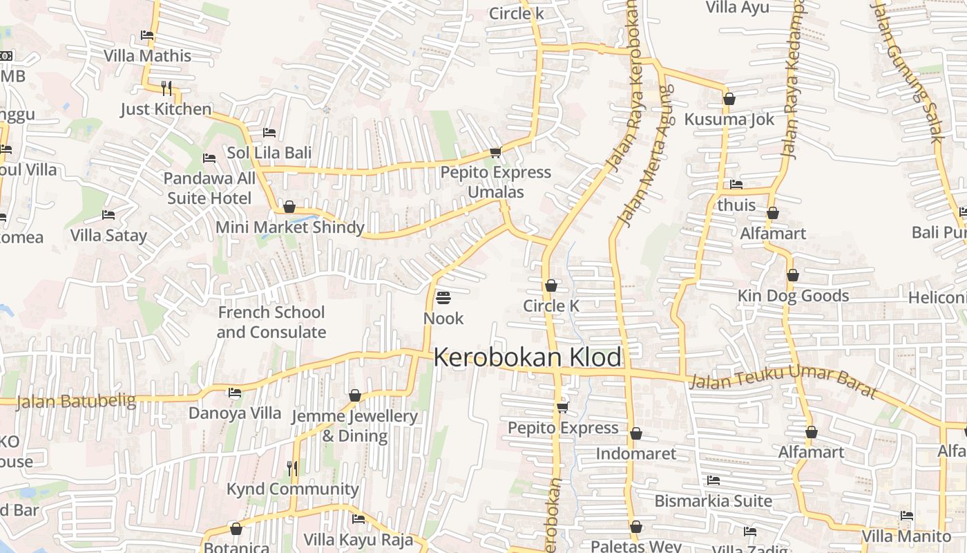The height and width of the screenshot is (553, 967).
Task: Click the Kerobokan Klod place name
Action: (528, 357)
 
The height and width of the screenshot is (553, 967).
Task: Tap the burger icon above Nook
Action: (443, 298)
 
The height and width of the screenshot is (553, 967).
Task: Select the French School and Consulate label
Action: (271, 322)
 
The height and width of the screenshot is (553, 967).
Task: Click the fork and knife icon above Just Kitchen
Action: (166, 88)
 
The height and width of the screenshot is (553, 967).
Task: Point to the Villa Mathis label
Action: (147, 55)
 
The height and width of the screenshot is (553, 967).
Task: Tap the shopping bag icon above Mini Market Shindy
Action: (289, 207)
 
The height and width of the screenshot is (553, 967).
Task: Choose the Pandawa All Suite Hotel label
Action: (209, 188)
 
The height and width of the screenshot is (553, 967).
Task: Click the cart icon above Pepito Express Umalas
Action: (495, 152)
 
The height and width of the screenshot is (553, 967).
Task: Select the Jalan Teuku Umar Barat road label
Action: (783, 383)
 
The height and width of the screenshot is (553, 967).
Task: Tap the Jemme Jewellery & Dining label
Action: (355, 426)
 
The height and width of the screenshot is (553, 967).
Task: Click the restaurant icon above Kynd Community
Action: (292, 469)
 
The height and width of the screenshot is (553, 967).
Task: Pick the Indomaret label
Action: (635, 453)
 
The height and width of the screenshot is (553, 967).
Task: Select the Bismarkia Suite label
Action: (713, 500)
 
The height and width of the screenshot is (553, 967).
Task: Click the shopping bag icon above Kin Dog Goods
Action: (793, 275)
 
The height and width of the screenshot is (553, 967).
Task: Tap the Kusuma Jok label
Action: (729, 119)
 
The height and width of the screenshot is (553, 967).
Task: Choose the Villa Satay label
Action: (109, 235)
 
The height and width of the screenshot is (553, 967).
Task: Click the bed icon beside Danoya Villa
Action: (235, 393)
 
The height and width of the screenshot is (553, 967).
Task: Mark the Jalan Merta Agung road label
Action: (645, 155)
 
